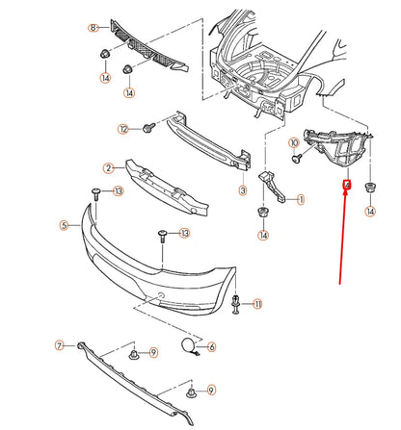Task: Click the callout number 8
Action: [x=94, y=28]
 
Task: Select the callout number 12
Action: [x=122, y=129]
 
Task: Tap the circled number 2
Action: [x=109, y=167]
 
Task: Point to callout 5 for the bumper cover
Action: [x=64, y=225]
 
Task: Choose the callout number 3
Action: [x=243, y=191]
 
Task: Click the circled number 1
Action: [x=301, y=200]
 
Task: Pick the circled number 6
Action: [x=211, y=345]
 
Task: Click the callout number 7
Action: [x=59, y=344]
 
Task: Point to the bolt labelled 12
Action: [x=148, y=127]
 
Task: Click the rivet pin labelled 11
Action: [x=236, y=305]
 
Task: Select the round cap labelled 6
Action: [x=186, y=344]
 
